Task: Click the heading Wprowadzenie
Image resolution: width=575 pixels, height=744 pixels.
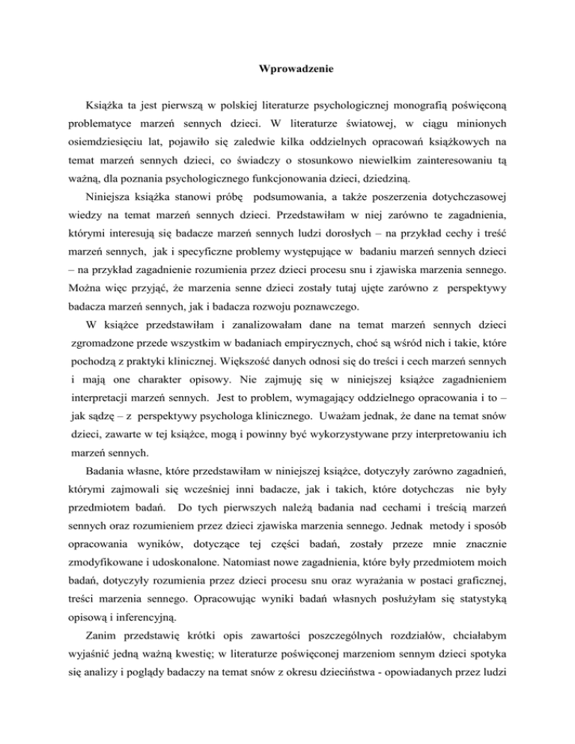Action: (287, 74)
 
